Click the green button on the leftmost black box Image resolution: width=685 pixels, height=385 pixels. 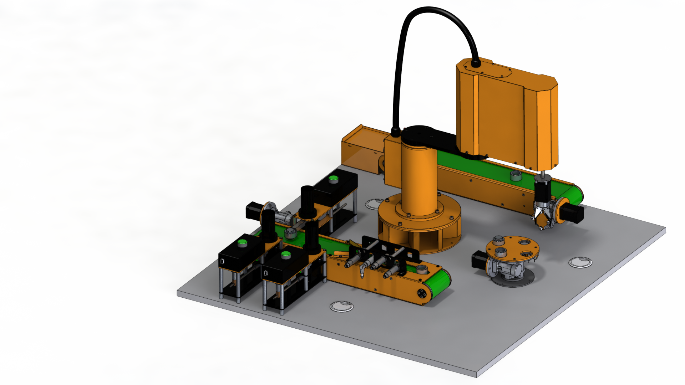pyautogui.click(x=243, y=243)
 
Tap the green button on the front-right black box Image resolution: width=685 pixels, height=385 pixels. pyautogui.click(x=285, y=255)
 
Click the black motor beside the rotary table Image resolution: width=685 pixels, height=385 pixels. pyautogui.click(x=479, y=259)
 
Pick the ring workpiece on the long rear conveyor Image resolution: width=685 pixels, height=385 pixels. pyautogui.click(x=516, y=175)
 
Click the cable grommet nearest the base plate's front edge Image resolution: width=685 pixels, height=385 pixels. pyautogui.click(x=341, y=306)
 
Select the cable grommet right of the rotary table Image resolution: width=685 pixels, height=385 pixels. pyautogui.click(x=580, y=262)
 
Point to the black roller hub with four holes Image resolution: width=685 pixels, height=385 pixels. pyautogui.click(x=422, y=293)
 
